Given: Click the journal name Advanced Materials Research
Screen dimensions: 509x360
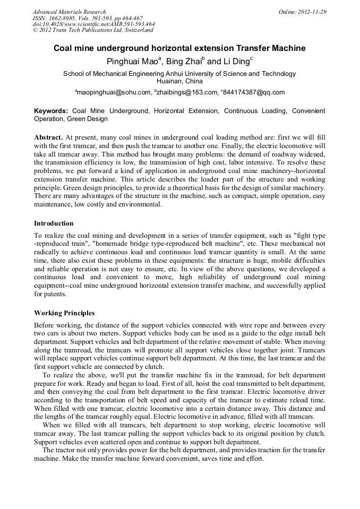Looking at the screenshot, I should [x=69, y=12].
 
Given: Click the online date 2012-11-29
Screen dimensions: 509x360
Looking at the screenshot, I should [x=312, y=12].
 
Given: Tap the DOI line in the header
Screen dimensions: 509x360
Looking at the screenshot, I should [x=93, y=24].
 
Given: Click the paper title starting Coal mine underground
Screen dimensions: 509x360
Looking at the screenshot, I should [x=179, y=48].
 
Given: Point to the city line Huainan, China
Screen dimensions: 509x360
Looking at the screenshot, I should [x=179, y=81].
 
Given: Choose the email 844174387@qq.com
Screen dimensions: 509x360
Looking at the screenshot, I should [x=254, y=92].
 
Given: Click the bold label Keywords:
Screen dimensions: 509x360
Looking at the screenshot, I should [x=51, y=111].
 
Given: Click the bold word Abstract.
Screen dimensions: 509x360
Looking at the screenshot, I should [x=49, y=137].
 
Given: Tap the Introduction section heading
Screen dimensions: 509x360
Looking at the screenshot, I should [x=54, y=223].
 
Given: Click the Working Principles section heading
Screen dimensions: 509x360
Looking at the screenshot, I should [x=64, y=313].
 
